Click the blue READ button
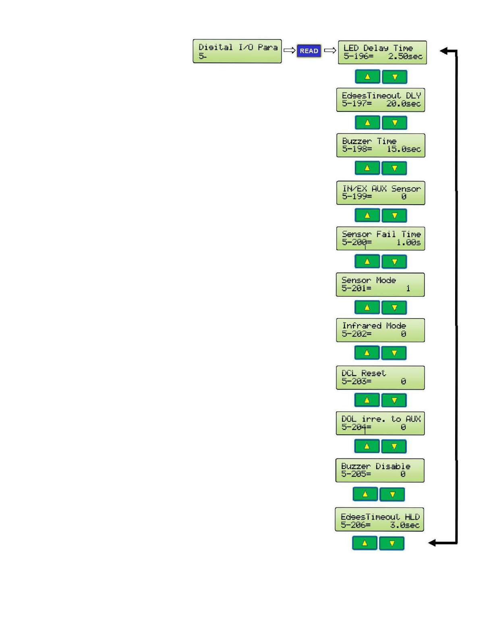pos(309,51)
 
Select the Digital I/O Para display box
pos(237,51)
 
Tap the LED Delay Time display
pos(382,52)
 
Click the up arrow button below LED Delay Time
pos(367,76)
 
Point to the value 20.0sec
pos(404,104)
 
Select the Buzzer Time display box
pos(381,145)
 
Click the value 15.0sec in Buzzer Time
pos(404,149)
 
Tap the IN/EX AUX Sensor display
pos(381,193)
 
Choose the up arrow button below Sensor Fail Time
pos(367,261)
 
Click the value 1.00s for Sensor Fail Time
pos(408,242)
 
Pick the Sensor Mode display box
pos(380,284)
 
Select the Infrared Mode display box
pos(380,330)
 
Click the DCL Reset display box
pos(380,377)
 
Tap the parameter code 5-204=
pos(356,427)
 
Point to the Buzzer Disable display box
pos(380,470)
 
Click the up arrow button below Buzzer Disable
pos(365,494)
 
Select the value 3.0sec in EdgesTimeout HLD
pos(404,525)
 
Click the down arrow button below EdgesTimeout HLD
pos(391,543)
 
